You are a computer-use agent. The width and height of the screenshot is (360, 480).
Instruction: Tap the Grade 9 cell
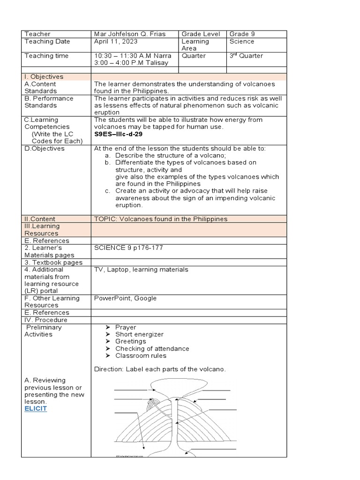(x=242, y=34)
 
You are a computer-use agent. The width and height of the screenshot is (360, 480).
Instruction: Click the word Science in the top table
(x=242, y=41)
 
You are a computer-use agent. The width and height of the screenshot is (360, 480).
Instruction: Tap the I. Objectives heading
(x=44, y=77)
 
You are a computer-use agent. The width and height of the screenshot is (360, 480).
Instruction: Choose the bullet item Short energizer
(x=139, y=334)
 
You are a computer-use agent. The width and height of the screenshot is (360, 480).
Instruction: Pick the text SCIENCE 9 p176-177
(x=128, y=248)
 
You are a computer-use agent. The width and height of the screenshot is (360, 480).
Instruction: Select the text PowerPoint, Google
(x=125, y=298)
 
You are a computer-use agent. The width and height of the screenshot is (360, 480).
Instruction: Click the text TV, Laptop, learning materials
(x=141, y=270)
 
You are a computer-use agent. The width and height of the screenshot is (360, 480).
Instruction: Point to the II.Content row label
(x=40, y=219)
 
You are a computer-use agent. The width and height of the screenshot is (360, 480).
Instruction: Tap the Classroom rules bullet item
(x=141, y=356)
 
